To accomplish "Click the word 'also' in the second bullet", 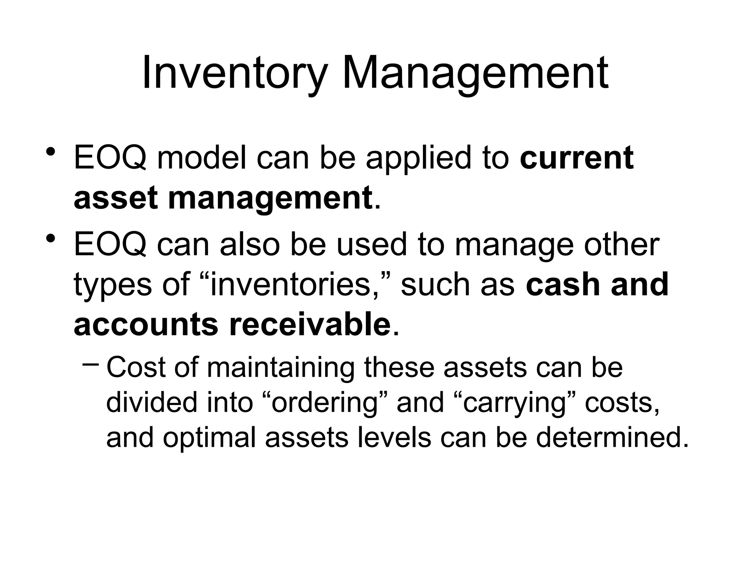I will [249, 244].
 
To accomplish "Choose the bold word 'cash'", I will [563, 285].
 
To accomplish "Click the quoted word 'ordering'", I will [324, 403].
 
